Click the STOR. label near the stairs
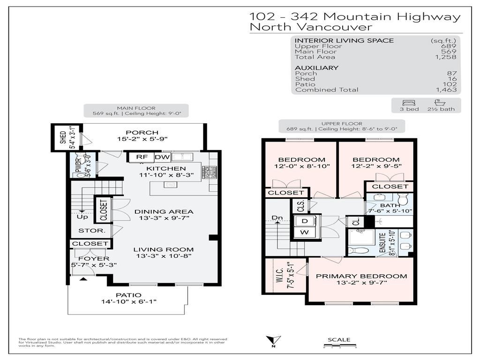tap(88, 231)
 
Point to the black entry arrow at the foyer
tap(83, 279)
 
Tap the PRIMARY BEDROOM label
tap(361, 276)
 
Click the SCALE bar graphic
tap(339, 346)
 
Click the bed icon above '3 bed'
tap(406, 103)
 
